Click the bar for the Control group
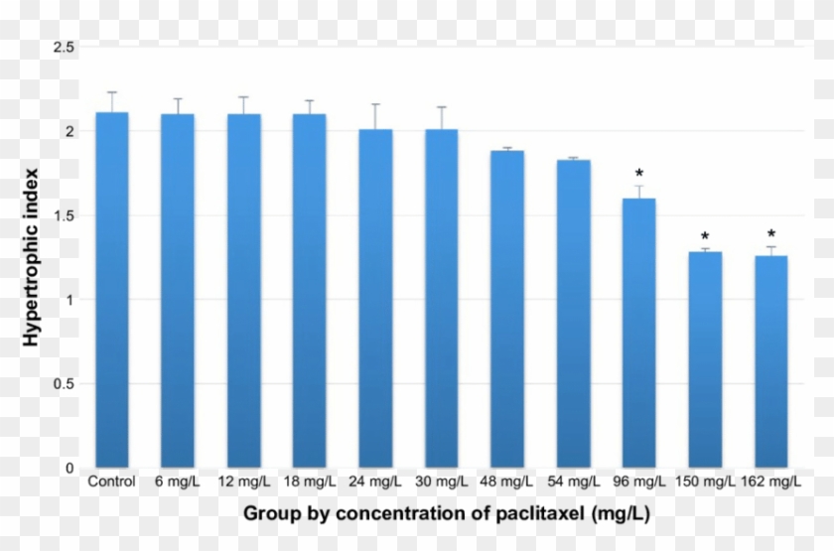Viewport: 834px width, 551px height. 111,289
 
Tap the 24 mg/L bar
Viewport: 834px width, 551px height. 375,298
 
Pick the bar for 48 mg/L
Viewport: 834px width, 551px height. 507,309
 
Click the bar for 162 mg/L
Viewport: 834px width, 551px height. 771,361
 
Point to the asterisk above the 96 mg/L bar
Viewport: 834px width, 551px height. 639,176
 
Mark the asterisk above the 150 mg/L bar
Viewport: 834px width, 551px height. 705,236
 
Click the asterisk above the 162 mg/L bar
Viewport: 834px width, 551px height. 771,234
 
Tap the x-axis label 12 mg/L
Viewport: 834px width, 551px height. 243,482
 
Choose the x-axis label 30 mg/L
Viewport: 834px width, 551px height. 441,482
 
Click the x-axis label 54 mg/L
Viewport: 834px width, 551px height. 573,482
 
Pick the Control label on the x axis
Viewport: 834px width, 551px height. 111,482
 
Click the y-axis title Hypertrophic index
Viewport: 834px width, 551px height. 31,258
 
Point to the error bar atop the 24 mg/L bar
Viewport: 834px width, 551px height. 375,116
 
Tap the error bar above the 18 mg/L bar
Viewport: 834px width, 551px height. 310,107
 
